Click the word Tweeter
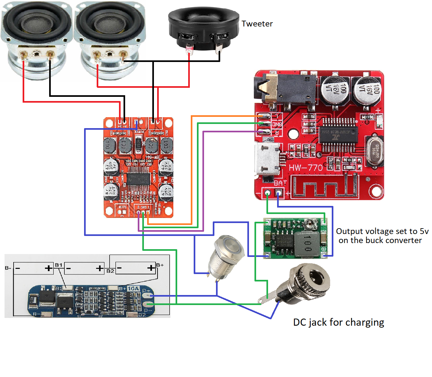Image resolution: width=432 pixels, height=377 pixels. point(257,24)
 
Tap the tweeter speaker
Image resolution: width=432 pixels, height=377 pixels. point(204,29)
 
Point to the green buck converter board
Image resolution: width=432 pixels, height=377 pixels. point(295,239)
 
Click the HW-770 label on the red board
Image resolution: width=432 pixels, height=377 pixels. point(305,168)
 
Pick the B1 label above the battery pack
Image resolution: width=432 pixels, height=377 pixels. point(59,265)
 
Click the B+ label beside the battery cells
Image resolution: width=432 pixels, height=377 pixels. point(160,265)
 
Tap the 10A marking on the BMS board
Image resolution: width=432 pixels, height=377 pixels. point(133,288)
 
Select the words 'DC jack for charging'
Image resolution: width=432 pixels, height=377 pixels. point(339,322)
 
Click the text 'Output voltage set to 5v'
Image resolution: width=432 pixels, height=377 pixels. point(382,231)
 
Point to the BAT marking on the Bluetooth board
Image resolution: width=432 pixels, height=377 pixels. point(280,183)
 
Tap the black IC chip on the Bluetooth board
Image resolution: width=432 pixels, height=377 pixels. point(338,135)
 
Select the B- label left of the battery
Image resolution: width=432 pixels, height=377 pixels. point(8,268)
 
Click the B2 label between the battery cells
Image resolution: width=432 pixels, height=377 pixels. point(110,271)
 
